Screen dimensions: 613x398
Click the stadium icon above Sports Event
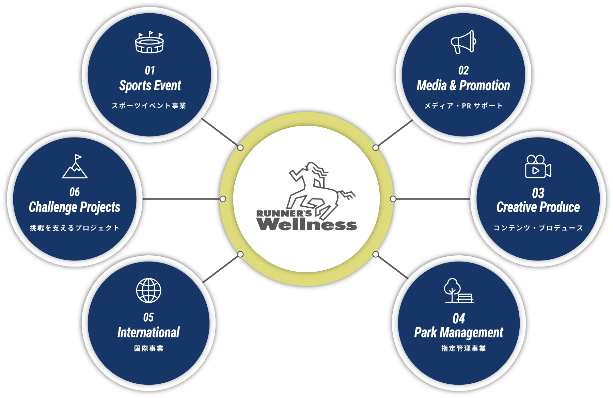tap(149, 42)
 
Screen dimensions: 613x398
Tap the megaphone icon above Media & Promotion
tap(463, 42)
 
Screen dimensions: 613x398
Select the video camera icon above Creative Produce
tap(538, 166)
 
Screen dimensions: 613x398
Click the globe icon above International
tap(149, 290)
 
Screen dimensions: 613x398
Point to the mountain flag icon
tap(75, 166)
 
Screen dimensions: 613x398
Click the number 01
tap(150, 70)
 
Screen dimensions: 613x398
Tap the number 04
tap(459, 319)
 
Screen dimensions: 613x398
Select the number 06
tap(75, 192)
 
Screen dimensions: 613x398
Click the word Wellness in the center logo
tap(306, 224)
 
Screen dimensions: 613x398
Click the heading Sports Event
tap(150, 85)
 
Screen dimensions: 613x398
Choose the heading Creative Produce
tap(538, 207)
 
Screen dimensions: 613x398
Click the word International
tap(148, 332)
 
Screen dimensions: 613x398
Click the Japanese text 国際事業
tap(149, 348)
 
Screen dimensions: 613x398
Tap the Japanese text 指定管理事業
tap(463, 348)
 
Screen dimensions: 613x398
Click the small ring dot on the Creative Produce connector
tap(393, 199)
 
